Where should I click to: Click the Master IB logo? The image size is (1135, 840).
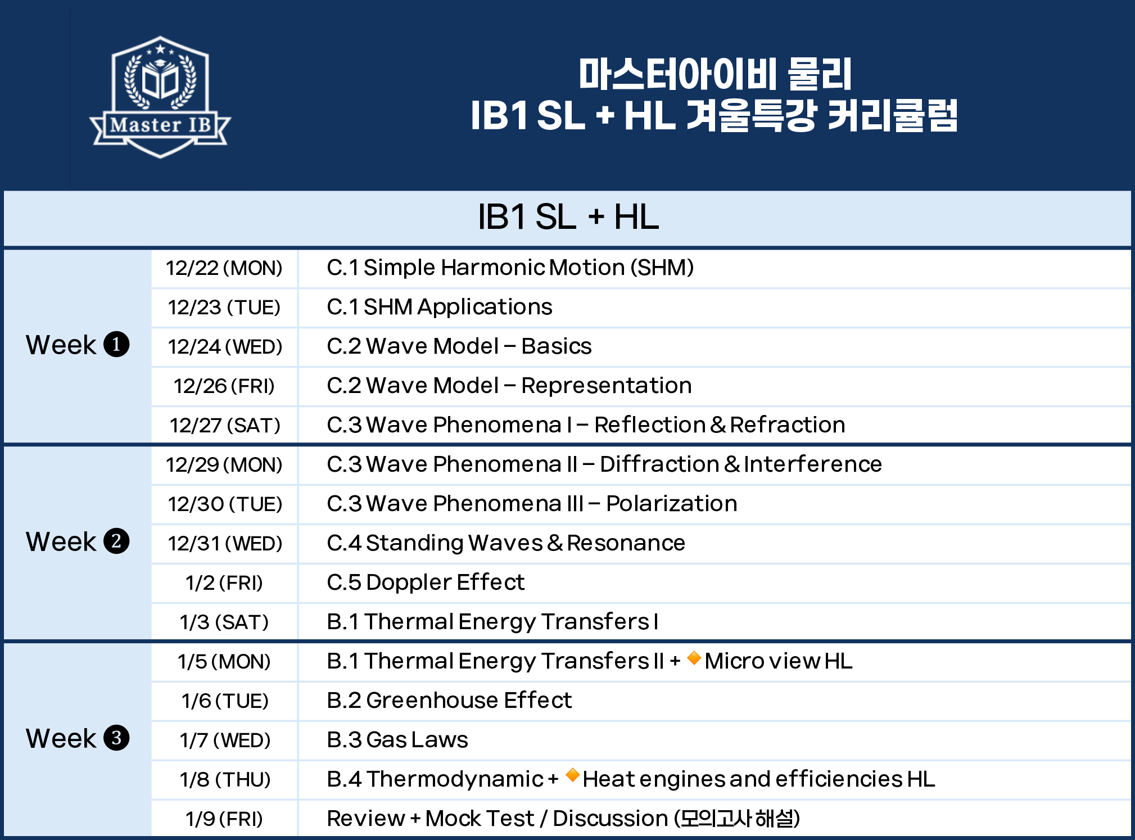160,97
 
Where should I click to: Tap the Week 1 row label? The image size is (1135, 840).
78,345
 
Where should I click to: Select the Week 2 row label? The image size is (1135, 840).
78,541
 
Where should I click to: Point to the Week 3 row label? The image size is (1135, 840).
78,738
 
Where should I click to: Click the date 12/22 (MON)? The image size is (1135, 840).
224,268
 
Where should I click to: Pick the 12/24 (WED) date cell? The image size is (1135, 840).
225,347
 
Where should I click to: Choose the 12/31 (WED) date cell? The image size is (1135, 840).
225,544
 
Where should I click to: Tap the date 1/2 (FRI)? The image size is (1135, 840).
224,583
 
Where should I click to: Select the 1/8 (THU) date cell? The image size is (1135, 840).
225,780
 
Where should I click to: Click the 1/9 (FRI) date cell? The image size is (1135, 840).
224,819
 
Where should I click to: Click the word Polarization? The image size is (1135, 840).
672,503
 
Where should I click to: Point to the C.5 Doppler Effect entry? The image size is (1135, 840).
426,582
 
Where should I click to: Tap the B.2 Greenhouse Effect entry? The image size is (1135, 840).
449,701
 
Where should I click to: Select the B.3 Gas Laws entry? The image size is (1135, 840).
397,740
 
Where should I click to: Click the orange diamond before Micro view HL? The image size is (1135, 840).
694,658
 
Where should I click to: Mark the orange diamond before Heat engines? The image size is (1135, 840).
573,775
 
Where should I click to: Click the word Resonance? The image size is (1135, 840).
626,543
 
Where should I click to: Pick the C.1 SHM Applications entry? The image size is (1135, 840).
440,307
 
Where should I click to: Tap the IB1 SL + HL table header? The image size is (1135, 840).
568,217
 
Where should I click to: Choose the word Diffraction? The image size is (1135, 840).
659,464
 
